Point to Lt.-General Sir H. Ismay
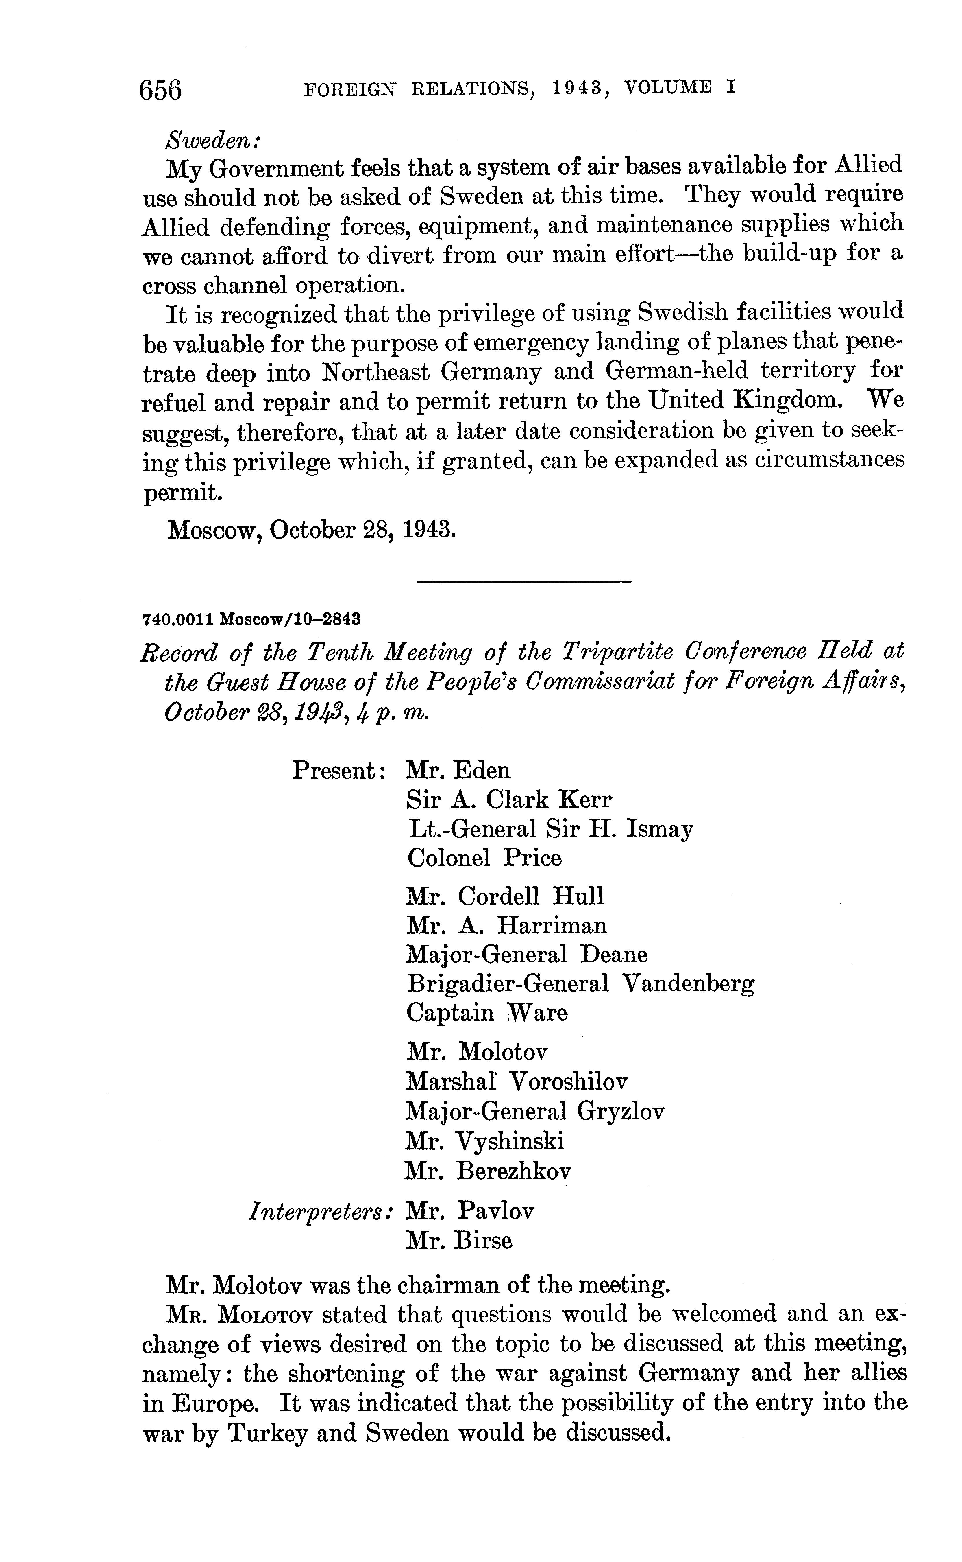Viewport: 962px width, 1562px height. tap(550, 829)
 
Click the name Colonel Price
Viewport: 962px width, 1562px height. tap(484, 858)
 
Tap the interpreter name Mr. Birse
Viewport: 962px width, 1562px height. tap(459, 1240)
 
